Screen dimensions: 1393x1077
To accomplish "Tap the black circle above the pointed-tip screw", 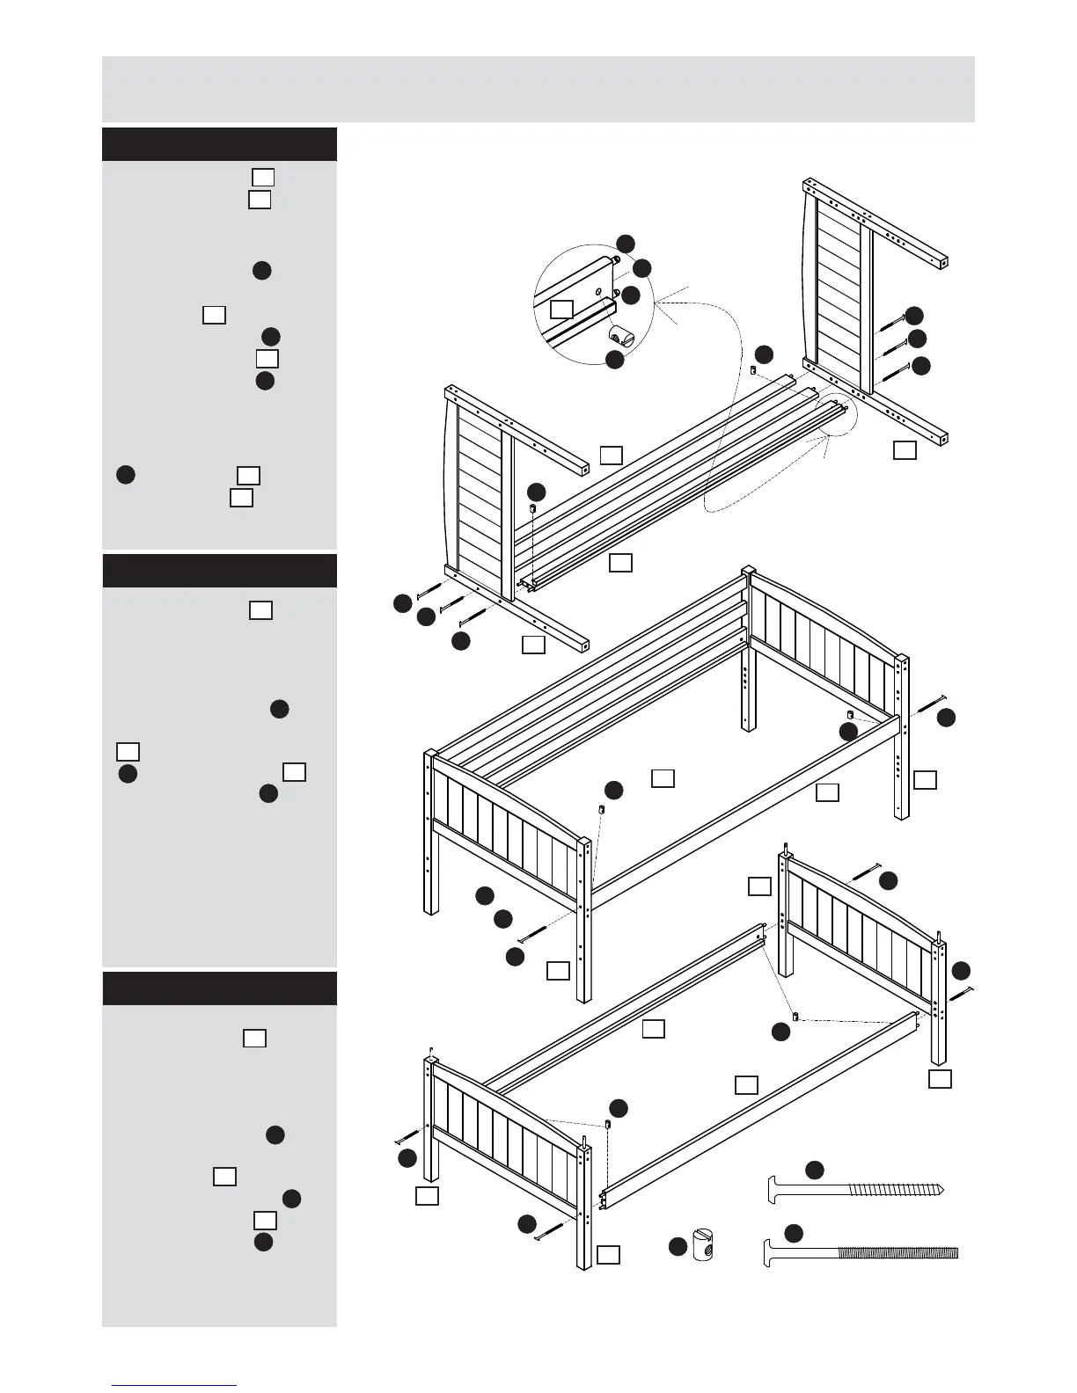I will pyautogui.click(x=815, y=1169).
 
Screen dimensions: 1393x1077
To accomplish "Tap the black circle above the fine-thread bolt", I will pyautogui.click(x=794, y=1233).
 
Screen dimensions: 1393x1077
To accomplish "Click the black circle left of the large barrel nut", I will pyautogui.click(x=677, y=1246).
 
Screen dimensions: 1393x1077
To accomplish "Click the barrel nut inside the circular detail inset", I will pyautogui.click(x=623, y=336).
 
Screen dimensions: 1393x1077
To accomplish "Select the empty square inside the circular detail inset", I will pyautogui.click(x=561, y=309).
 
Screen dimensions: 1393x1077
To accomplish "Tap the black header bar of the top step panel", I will pyautogui.click(x=219, y=144).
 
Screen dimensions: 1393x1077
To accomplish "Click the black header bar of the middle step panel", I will pyautogui.click(x=219, y=570).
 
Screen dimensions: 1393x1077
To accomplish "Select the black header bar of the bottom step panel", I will pyautogui.click(x=219, y=988).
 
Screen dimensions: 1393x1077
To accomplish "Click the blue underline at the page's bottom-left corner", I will pyautogui.click(x=173, y=1384).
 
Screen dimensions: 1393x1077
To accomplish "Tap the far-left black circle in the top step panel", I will pyautogui.click(x=125, y=474).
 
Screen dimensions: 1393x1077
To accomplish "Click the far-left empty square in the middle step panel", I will pyautogui.click(x=128, y=751).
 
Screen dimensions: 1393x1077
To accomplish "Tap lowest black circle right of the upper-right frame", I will pyautogui.click(x=920, y=367).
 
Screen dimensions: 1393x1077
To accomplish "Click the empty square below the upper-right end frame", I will pyautogui.click(x=904, y=450).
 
